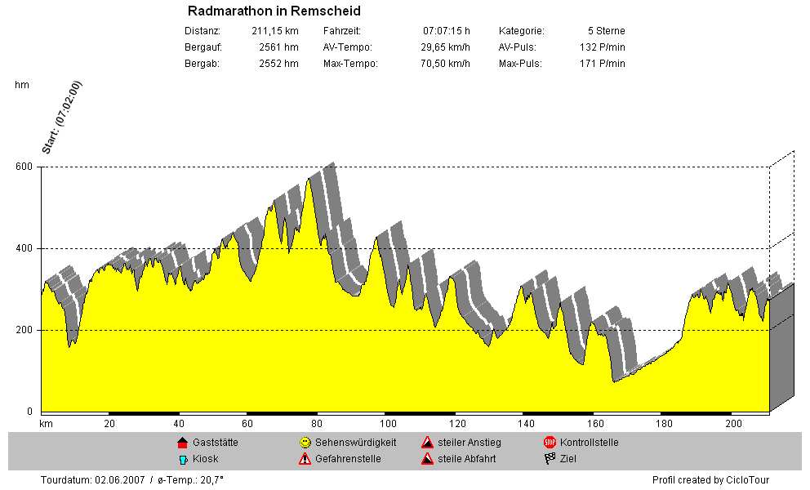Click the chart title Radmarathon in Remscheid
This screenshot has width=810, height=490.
click(274, 11)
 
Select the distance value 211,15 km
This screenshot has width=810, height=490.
click(275, 31)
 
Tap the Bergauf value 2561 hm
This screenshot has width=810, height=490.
click(278, 47)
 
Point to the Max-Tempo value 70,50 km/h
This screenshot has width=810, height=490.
click(445, 64)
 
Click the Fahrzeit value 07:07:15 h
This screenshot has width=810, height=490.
click(446, 31)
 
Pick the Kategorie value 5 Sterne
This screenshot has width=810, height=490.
click(606, 31)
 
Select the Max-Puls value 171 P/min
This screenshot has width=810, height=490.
click(602, 64)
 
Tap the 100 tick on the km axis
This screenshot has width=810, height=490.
click(389, 424)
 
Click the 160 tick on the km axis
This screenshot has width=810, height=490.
click(595, 424)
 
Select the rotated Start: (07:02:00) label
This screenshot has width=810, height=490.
click(63, 118)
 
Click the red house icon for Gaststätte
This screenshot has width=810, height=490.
click(182, 443)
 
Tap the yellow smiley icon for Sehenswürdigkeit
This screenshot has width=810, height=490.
click(305, 443)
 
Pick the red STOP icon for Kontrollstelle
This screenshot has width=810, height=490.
click(550, 443)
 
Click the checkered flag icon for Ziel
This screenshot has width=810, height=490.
click(550, 459)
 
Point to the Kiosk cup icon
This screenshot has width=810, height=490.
click(182, 459)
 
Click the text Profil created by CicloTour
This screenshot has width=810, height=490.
click(710, 480)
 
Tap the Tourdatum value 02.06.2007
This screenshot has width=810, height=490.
click(121, 480)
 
